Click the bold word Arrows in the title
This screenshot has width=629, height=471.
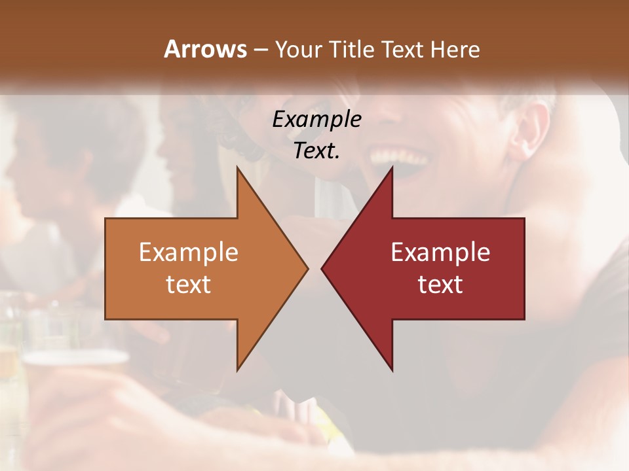pos(205,49)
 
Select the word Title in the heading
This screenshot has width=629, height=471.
pos(354,49)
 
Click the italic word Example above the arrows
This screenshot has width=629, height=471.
pos(316,119)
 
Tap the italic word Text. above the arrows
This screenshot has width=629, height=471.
pos(316,150)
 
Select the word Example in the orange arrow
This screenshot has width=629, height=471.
pos(189,253)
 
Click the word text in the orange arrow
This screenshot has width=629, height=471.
pos(189,284)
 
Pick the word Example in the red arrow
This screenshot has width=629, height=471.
pos(440,253)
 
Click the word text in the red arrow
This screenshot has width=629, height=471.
pos(440,284)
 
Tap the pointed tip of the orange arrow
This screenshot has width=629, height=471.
pos(307,268)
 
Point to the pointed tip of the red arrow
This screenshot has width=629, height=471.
pos(322,268)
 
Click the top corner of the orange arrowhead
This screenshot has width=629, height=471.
pos(238,168)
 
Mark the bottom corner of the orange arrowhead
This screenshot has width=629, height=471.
pos(238,370)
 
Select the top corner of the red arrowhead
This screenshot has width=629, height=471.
pos(392,168)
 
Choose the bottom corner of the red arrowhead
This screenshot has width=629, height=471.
pos(392,370)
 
